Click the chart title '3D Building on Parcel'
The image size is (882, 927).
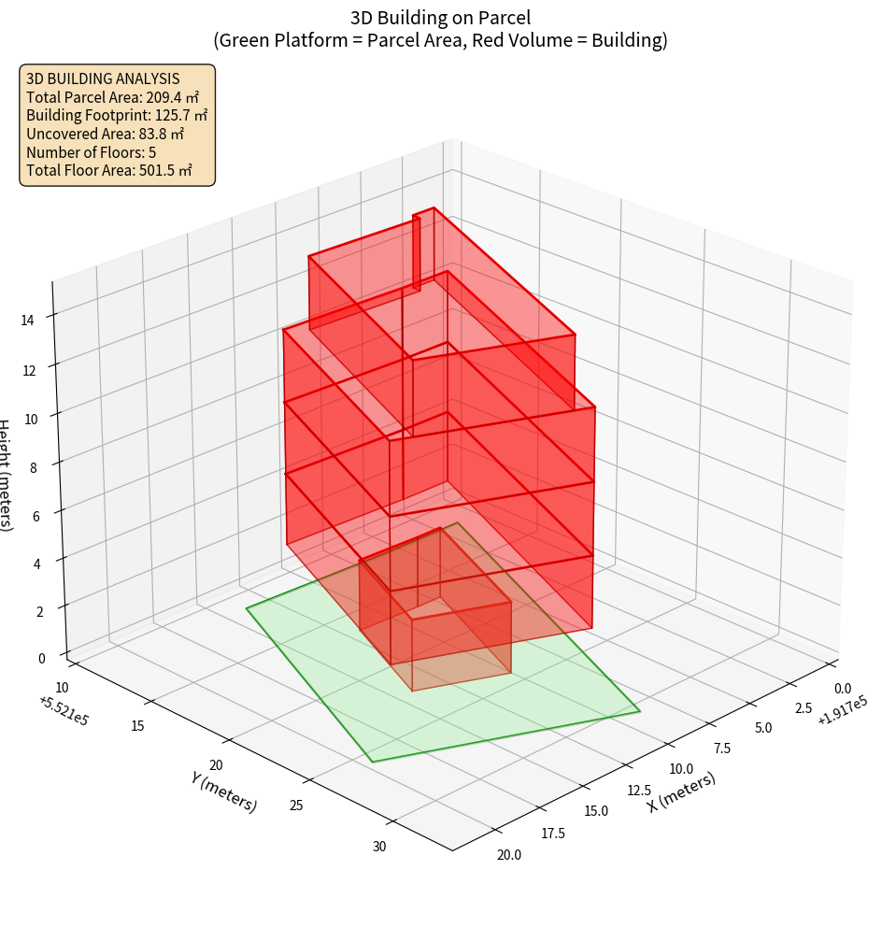pyautogui.click(x=440, y=17)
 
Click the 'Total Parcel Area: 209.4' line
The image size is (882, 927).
pyautogui.click(x=113, y=97)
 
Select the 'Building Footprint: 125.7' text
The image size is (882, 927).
pyautogui.click(x=117, y=116)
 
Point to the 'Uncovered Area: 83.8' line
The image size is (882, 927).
pyautogui.click(x=105, y=134)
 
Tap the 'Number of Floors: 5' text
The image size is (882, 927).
pyautogui.click(x=91, y=152)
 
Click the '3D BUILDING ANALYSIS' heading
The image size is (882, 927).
pyautogui.click(x=103, y=78)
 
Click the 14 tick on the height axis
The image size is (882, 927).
pyautogui.click(x=30, y=320)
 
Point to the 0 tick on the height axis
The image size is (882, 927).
pyautogui.click(x=41, y=658)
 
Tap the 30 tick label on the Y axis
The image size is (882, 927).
pyautogui.click(x=378, y=847)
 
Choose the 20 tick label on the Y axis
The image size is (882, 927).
pyautogui.click(x=218, y=764)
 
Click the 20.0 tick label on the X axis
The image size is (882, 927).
pyautogui.click(x=508, y=854)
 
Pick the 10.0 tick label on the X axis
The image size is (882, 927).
pyautogui.click(x=681, y=768)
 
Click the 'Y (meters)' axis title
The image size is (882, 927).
pyautogui.click(x=224, y=791)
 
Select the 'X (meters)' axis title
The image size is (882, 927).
pyautogui.click(x=682, y=792)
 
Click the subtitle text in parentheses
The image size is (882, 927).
pyautogui.click(x=440, y=40)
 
